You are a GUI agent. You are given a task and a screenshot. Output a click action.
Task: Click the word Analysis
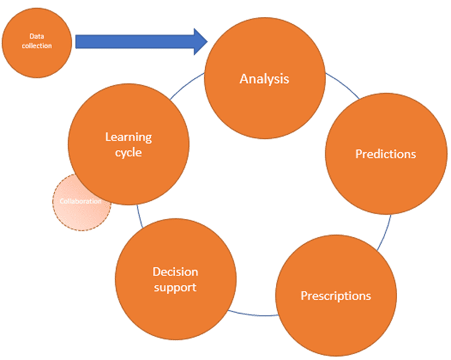264,79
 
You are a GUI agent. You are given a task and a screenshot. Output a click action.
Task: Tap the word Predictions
386,154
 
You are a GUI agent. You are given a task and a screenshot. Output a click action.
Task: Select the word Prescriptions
336,296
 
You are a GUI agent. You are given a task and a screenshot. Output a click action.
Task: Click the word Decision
175,272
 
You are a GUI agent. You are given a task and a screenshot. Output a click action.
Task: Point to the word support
175,288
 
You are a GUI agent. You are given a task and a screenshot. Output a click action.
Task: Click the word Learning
128,137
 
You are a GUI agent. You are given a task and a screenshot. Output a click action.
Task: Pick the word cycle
128,153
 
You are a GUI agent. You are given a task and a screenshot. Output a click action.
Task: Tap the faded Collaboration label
80,201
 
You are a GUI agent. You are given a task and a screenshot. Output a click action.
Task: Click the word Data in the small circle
37,36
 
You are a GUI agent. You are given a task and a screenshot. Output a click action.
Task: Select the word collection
37,46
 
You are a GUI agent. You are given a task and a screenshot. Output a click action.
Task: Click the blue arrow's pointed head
207,42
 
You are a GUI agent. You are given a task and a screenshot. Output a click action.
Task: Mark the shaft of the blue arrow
135,42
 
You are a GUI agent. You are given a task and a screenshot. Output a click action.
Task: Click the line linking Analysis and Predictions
343,85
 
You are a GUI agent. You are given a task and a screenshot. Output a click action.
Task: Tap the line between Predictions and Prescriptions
385,233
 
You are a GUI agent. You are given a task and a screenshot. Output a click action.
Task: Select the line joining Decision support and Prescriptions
253,315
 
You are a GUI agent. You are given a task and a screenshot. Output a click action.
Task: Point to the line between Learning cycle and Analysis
186,85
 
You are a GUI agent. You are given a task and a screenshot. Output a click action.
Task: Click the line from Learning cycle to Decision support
139,216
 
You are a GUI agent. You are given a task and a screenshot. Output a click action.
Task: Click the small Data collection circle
37,43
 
